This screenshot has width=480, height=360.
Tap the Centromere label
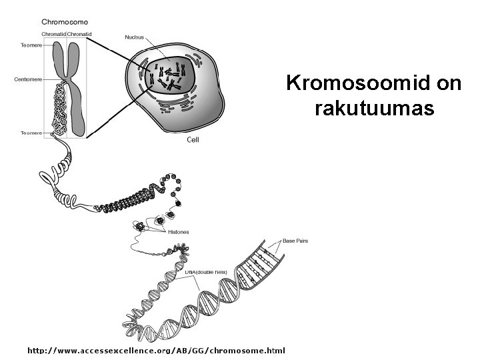(28, 79)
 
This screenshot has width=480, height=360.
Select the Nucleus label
(135, 36)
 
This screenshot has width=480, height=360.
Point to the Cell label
(193, 140)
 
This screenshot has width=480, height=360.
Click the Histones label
(178, 232)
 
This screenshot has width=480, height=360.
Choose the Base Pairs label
(295, 240)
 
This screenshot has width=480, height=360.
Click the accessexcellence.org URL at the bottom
(155, 350)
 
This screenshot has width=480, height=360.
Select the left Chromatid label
(53, 34)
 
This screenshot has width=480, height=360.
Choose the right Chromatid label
(79, 34)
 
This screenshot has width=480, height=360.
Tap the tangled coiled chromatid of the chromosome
(59, 107)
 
